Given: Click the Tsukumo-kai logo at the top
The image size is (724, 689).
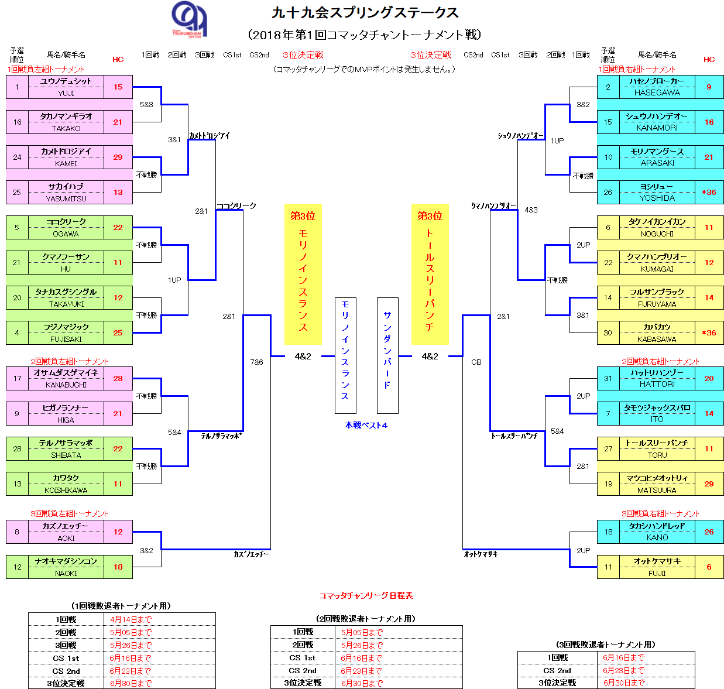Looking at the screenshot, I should tap(189, 19).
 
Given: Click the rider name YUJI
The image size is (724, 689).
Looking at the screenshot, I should tap(66, 93).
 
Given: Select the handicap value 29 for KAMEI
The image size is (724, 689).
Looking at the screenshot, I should tap(118, 157).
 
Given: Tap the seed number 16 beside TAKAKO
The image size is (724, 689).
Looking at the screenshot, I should tap(17, 122).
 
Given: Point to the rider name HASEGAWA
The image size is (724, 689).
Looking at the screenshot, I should tap(657, 92).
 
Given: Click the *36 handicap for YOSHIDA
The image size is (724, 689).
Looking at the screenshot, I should tap(709, 192).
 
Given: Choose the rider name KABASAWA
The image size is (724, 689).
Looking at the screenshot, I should tap(657, 339).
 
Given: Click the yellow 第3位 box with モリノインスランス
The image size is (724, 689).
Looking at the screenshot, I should tap(303, 274).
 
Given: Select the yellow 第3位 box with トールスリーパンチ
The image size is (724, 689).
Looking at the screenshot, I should tap(430, 274).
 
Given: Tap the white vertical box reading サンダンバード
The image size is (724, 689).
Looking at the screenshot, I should tap(387, 355).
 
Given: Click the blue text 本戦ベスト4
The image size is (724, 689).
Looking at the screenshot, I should tap(366, 425).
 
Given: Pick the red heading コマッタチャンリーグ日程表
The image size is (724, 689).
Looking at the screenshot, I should tap(366, 595).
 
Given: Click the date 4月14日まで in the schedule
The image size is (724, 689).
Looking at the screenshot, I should tap(131, 619).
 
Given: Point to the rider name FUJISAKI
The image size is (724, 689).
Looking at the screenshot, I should tap(66, 339).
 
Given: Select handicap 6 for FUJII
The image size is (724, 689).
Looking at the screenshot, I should tap(709, 567).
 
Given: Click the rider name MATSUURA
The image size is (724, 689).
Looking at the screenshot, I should tap(657, 490).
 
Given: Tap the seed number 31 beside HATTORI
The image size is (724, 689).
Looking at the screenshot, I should tap(608, 378).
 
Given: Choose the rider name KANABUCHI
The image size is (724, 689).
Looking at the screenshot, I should tap(66, 385).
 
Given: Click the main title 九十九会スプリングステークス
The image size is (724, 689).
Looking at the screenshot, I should tap(365, 12).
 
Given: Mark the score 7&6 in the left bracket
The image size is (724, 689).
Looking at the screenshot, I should tap(256, 362).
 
